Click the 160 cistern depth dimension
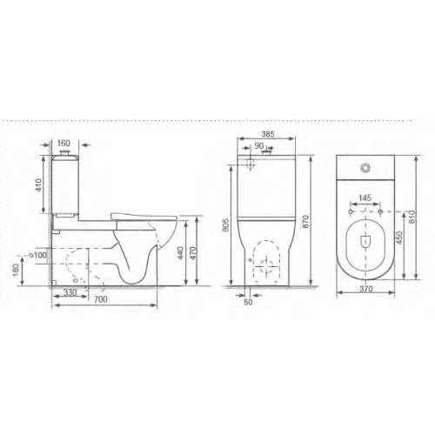coord(64,144)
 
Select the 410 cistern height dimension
coord(38,185)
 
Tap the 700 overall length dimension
coord(101,299)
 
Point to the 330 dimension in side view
coord(70,292)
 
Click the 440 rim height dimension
coord(180,253)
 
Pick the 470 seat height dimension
coord(193,253)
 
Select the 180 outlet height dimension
coord(16,271)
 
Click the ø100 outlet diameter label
coord(38,255)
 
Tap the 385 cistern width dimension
coord(268,134)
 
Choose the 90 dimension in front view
coord(259,146)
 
